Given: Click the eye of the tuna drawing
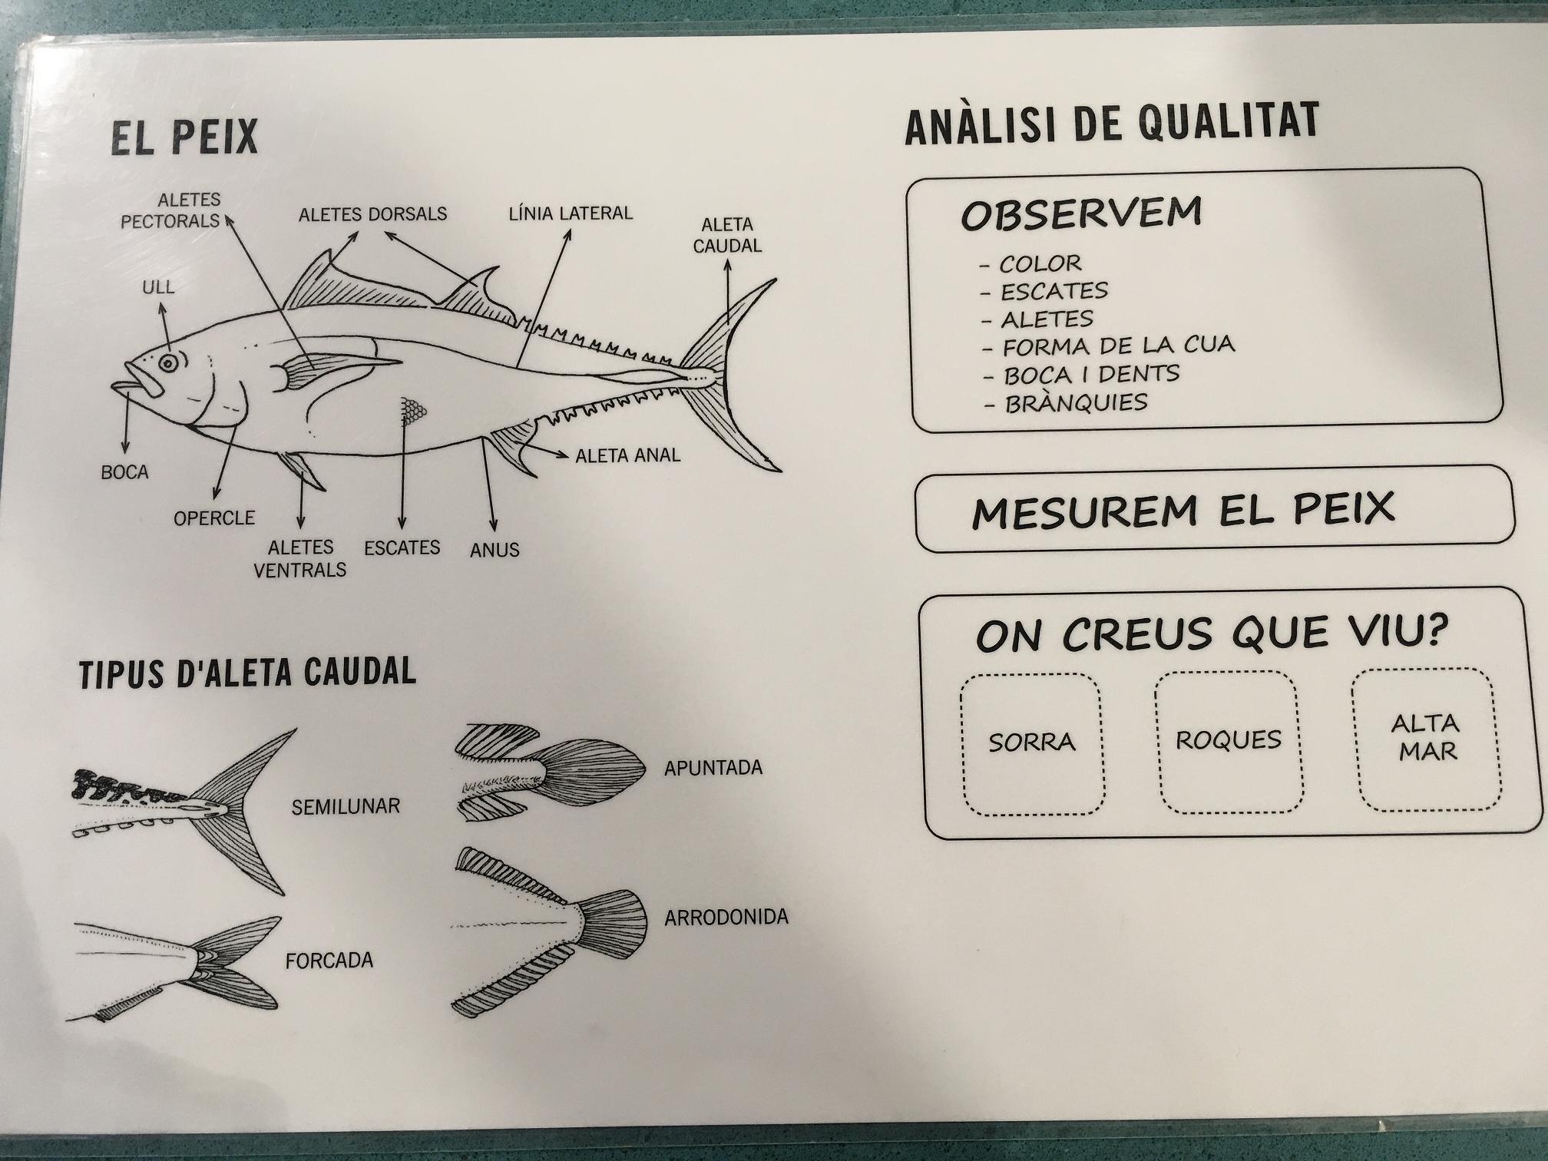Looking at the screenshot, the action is click(168, 362).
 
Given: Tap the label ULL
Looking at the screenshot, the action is click(158, 287).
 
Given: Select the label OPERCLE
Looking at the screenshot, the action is click(214, 518).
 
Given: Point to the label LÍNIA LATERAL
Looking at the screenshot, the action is click(571, 213).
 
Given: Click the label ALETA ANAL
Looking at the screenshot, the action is click(628, 455).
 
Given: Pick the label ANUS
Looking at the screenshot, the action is click(495, 550).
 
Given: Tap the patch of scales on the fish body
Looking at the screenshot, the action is click(413, 412).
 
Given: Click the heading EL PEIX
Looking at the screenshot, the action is click(184, 137).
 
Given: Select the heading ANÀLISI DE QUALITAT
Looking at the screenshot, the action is click(1112, 123).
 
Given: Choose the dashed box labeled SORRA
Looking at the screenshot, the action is click(1032, 743).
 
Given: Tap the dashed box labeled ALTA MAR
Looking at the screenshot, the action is click(1427, 739).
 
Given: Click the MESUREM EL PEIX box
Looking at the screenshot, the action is click(1214, 508).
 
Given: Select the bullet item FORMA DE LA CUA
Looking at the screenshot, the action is click(1109, 346).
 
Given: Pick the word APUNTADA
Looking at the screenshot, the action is click(713, 767).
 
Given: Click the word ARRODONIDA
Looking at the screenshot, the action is click(726, 917).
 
